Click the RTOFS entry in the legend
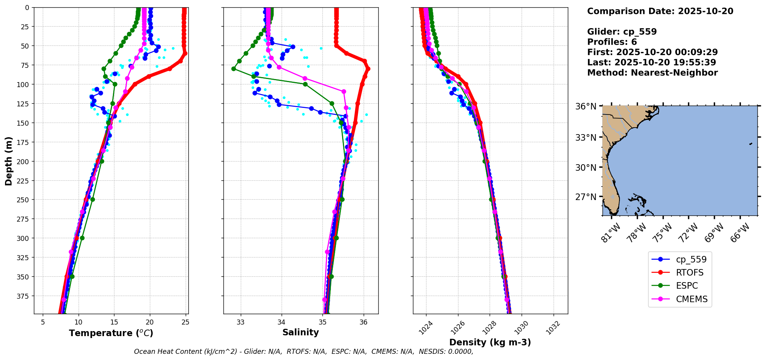(689, 273)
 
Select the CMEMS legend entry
(691, 299)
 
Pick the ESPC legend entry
(686, 286)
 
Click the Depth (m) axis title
(8, 161)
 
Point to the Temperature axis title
(111, 333)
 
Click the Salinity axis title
(300, 332)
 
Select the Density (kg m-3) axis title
(490, 342)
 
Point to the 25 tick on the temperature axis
(185, 322)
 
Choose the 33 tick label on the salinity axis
(241, 322)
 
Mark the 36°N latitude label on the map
(586, 106)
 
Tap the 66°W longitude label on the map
(740, 232)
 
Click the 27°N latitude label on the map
(586, 197)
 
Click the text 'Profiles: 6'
(612, 42)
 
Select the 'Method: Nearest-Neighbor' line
(652, 73)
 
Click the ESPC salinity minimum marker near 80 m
(233, 69)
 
